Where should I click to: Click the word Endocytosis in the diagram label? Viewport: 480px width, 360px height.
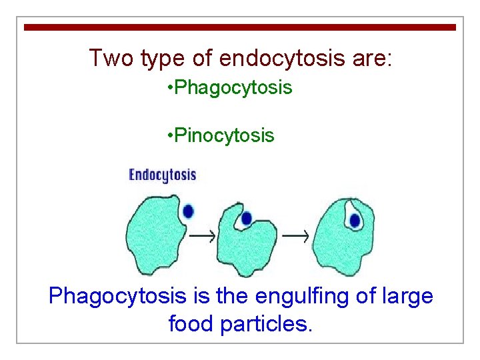click(163, 175)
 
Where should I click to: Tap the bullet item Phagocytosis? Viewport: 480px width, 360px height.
click(230, 87)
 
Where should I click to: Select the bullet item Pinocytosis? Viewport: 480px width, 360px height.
click(221, 136)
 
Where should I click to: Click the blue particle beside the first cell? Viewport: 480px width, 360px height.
click(188, 211)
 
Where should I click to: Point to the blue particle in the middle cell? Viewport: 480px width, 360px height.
click(246, 218)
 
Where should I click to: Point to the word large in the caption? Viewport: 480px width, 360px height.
click(408, 295)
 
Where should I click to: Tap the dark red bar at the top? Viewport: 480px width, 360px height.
click(240, 27)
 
